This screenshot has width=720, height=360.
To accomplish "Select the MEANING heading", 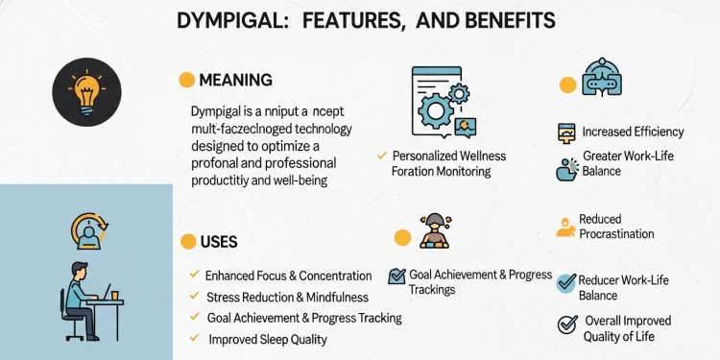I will [235, 80].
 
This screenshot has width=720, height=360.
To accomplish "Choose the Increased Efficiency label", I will [633, 132].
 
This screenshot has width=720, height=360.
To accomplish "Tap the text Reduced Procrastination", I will [615, 227].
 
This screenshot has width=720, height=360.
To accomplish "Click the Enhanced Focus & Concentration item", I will [288, 276].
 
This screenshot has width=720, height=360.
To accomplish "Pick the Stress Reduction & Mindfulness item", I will [296, 297].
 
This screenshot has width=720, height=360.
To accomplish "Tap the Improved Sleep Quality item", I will [268, 339].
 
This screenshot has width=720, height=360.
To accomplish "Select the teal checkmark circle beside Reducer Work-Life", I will [566, 283].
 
